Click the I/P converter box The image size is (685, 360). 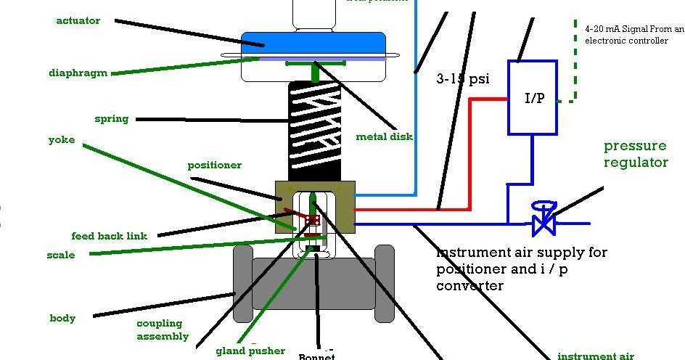coord(533,98)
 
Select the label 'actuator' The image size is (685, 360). coord(78,20)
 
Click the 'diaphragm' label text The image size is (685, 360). coord(78,73)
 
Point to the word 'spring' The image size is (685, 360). coord(111,118)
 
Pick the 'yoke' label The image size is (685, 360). coord(61,139)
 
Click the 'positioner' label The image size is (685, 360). coord(214,165)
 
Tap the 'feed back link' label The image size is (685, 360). coord(109,236)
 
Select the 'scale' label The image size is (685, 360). coord(60,255)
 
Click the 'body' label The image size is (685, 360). coord(62,318)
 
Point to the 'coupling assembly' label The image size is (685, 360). coord(163,330)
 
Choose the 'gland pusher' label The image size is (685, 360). coord(250,351)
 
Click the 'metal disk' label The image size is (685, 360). coord(384,136)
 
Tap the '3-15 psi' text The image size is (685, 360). coord(463,78)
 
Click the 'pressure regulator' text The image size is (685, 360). coord(636,154)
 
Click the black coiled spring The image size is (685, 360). coord(315,131)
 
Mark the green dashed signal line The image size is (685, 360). coord(575,73)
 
